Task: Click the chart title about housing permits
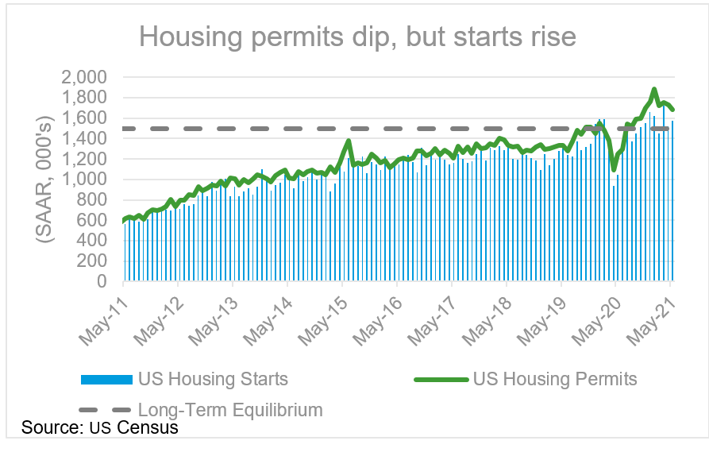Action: click(x=356, y=37)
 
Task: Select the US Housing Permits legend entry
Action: click(x=554, y=379)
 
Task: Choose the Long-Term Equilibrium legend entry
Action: click(x=230, y=410)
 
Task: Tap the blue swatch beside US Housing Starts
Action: click(x=106, y=380)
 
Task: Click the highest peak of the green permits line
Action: click(x=654, y=89)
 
